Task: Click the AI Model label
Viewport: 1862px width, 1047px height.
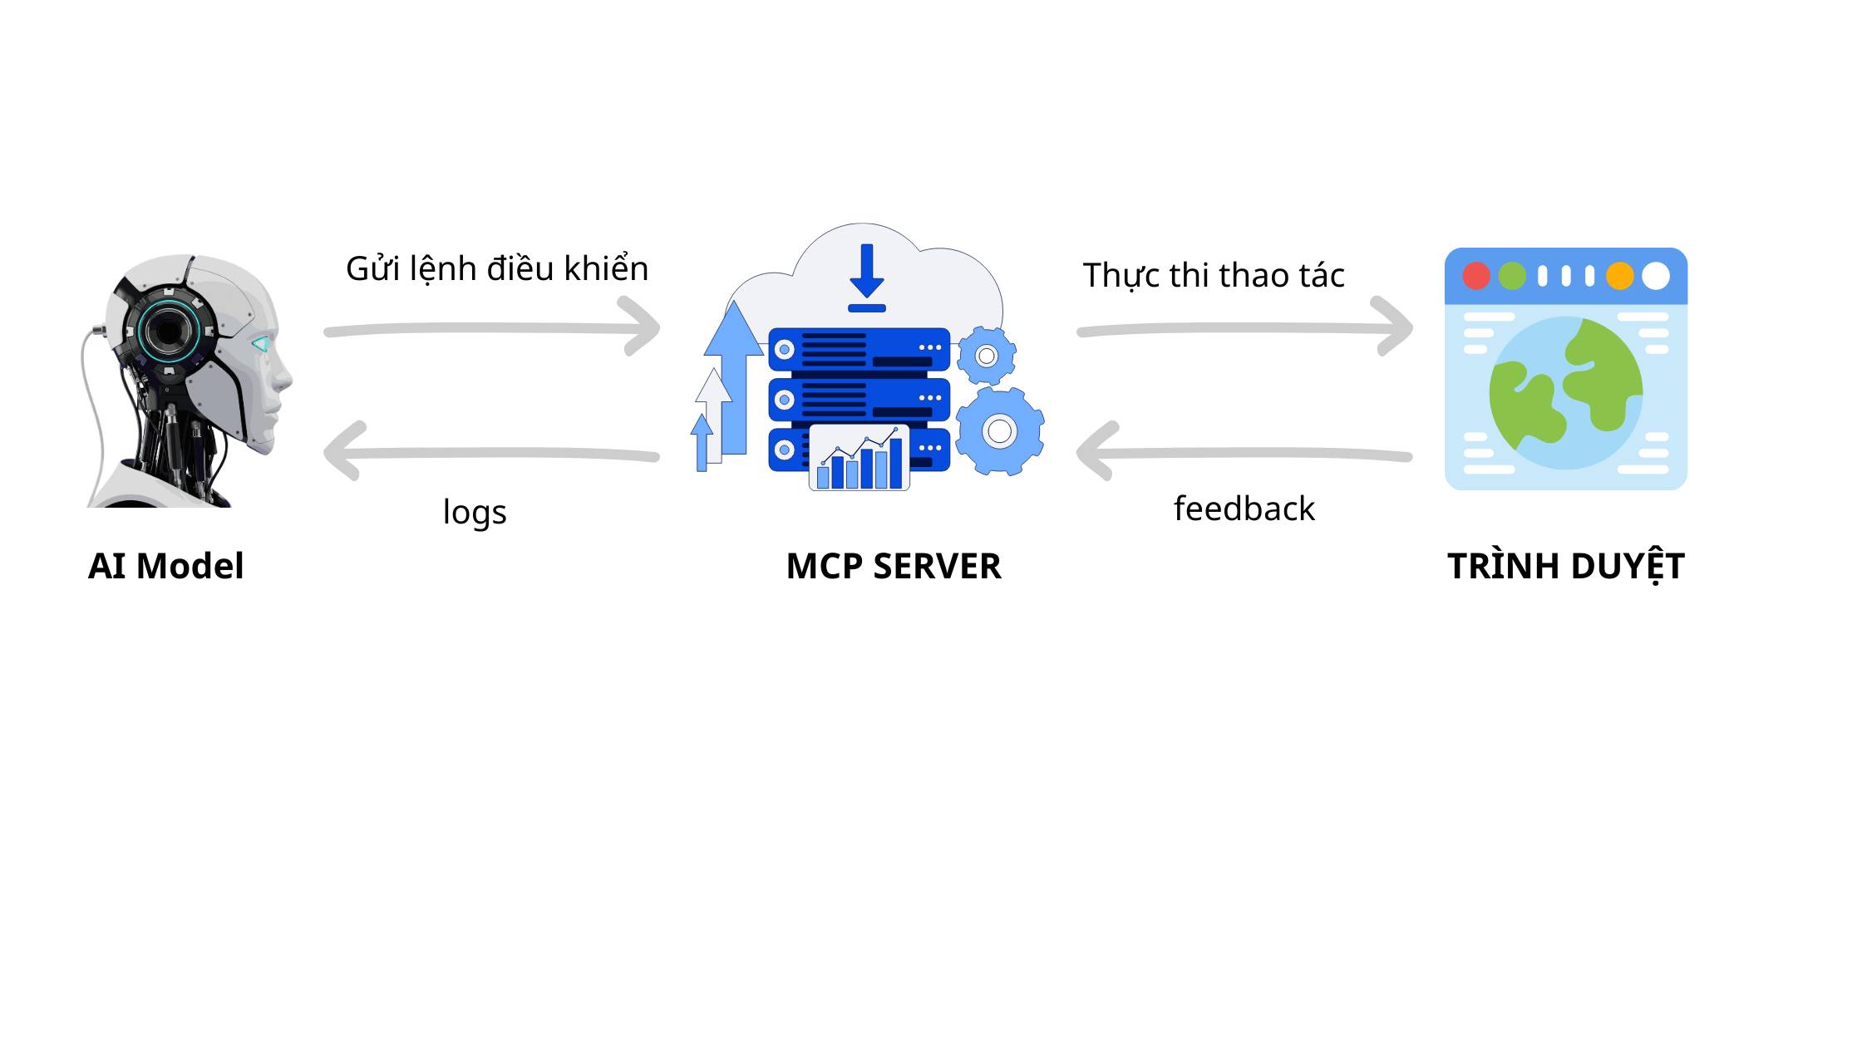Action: [x=165, y=567]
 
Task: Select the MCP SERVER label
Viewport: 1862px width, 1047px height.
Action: [x=894, y=567]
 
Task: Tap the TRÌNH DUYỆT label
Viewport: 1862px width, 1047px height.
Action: [x=1566, y=567]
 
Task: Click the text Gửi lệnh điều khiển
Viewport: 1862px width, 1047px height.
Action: [x=497, y=269]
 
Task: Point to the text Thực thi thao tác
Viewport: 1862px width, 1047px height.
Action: [x=1214, y=276]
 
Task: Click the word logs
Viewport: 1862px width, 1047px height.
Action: [x=475, y=512]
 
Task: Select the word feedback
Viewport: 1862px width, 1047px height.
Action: [x=1244, y=509]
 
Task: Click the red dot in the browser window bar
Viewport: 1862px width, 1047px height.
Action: [x=1476, y=276]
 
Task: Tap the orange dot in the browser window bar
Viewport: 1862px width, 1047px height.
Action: [x=1620, y=276]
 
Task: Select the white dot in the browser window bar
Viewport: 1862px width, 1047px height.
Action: [x=1656, y=276]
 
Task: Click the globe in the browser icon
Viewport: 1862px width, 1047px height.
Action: [x=1566, y=393]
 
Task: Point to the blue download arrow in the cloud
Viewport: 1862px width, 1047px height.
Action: [x=867, y=274]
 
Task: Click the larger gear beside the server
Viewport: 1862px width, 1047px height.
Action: [x=1000, y=431]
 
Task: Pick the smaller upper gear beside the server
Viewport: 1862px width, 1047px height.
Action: [x=987, y=356]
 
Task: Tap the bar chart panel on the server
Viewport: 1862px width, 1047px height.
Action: [x=860, y=459]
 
